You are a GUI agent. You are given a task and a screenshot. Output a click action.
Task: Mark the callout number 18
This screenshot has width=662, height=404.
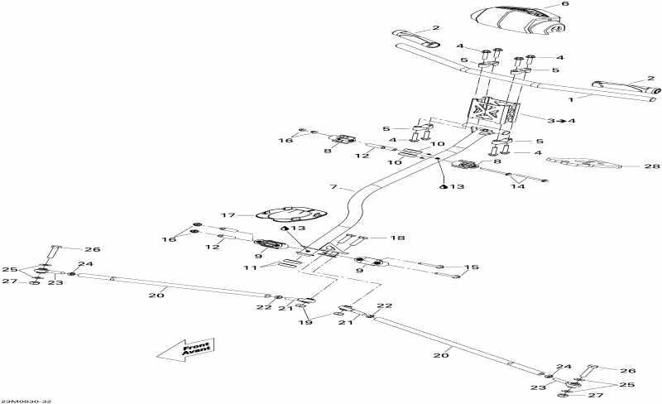pyautogui.click(x=398, y=238)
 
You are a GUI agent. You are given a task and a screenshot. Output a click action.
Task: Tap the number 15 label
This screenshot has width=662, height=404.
pyautogui.click(x=471, y=267)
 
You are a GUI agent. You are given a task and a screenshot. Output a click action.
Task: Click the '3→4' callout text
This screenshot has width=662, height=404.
pyautogui.click(x=563, y=121)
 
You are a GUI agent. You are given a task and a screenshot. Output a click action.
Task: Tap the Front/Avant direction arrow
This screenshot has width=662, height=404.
pyautogui.click(x=185, y=350)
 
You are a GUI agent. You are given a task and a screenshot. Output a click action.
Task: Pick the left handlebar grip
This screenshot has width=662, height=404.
pyautogui.click(x=415, y=37)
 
